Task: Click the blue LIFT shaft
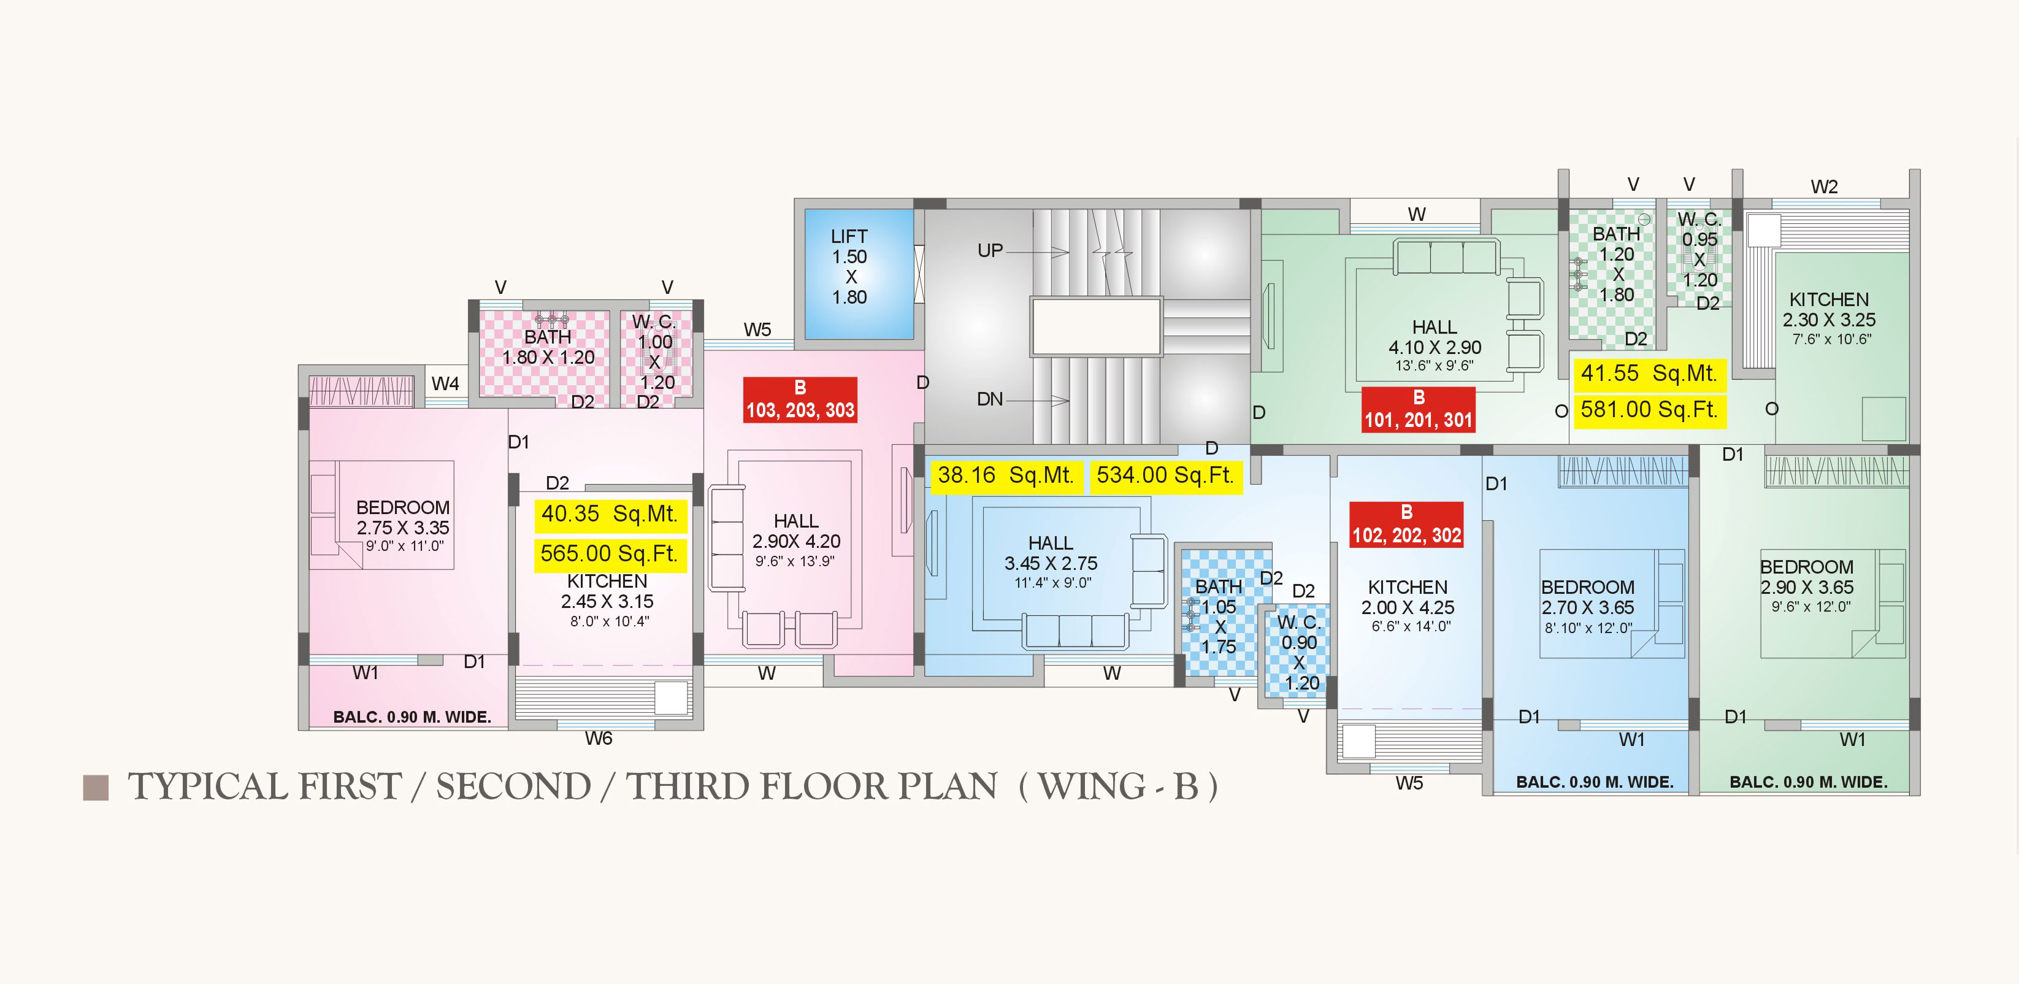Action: click(859, 274)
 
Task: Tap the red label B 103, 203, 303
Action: click(800, 400)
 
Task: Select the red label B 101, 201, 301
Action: click(1419, 409)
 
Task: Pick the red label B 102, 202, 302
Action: click(1407, 525)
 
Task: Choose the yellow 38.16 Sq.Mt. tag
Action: click(1006, 476)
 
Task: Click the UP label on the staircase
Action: click(990, 251)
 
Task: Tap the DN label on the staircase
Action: click(990, 400)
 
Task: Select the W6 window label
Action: click(599, 739)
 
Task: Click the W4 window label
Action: click(445, 384)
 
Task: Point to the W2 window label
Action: click(1824, 187)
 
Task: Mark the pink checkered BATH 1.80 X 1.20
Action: click(544, 353)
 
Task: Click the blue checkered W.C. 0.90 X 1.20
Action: click(1298, 651)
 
